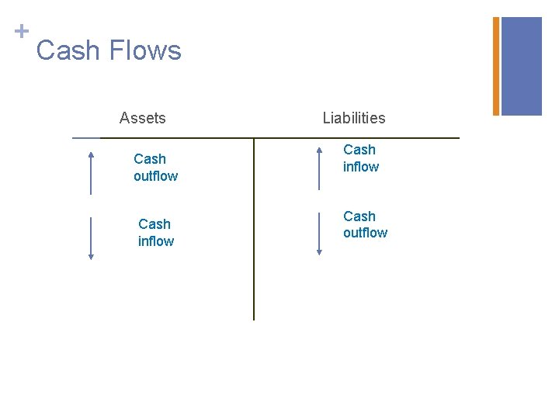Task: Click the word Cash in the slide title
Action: tap(68, 51)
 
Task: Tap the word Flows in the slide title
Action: tap(145, 51)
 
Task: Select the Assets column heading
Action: tap(142, 118)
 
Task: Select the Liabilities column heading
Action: tap(354, 118)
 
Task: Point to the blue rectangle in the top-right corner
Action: tap(522, 66)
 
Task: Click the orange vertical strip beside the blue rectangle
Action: tap(496, 66)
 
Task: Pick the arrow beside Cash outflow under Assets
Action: tap(91, 173)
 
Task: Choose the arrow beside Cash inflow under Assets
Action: tap(91, 238)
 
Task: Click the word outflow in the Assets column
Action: tap(155, 176)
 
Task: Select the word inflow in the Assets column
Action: tap(156, 241)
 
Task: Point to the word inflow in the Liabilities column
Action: tap(361, 167)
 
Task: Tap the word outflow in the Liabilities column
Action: tap(365, 233)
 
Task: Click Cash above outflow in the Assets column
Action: tap(150, 159)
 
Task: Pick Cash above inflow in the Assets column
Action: tap(155, 224)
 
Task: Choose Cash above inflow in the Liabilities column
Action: tap(359, 150)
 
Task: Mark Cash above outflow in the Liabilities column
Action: tap(359, 216)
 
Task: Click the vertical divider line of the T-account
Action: tap(254, 233)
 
